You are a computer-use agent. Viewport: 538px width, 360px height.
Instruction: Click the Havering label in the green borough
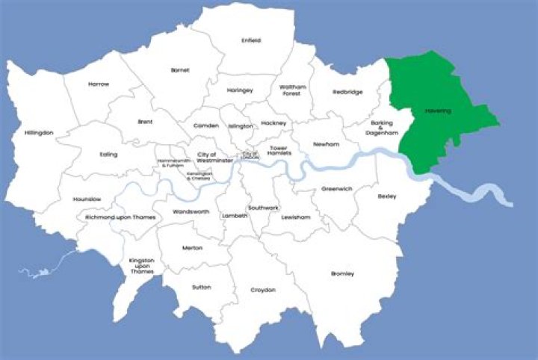(x=438, y=111)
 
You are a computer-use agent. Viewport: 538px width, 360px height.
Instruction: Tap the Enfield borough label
(x=251, y=40)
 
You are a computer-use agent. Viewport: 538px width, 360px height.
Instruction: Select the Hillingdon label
(x=39, y=132)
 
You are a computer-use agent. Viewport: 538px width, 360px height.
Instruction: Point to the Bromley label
(x=342, y=273)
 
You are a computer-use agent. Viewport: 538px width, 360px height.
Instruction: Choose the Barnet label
(x=180, y=69)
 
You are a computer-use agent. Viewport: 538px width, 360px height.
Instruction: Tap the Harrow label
(x=98, y=84)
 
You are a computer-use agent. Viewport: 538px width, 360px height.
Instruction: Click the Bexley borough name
(x=387, y=196)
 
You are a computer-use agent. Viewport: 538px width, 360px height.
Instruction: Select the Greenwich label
(x=336, y=189)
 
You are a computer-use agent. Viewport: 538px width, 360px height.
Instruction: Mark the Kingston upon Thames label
(x=141, y=265)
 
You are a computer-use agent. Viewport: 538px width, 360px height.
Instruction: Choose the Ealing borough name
(x=108, y=155)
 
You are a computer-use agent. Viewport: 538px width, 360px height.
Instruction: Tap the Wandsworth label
(x=191, y=211)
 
